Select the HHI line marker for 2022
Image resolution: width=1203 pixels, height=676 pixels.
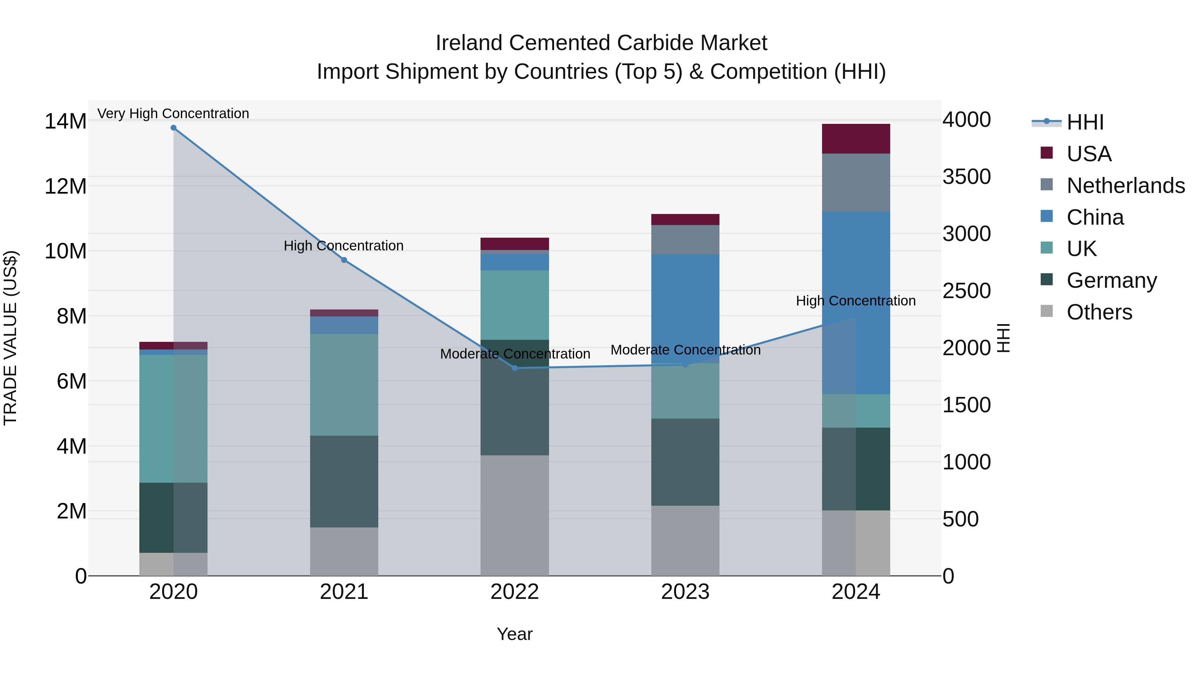click(x=515, y=368)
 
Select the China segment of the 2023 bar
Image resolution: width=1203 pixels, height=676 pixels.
click(x=685, y=308)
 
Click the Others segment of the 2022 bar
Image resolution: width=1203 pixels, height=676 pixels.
click(x=515, y=515)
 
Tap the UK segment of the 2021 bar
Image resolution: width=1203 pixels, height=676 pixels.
click(x=344, y=385)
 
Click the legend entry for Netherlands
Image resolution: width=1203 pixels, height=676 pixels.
click(x=1125, y=186)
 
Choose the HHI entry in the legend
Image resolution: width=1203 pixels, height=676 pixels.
click(x=1085, y=122)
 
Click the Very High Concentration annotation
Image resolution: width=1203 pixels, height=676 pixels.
click(x=173, y=114)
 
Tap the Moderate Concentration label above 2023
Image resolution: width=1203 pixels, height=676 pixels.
click(x=685, y=350)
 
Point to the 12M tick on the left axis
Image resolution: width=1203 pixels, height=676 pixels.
click(x=65, y=187)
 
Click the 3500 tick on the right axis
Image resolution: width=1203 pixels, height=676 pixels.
click(x=966, y=177)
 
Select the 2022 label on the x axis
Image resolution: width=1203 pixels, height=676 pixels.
click(x=515, y=592)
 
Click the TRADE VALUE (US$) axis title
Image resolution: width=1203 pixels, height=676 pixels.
click(x=10, y=338)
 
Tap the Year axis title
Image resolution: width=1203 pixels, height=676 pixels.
click(x=515, y=634)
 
